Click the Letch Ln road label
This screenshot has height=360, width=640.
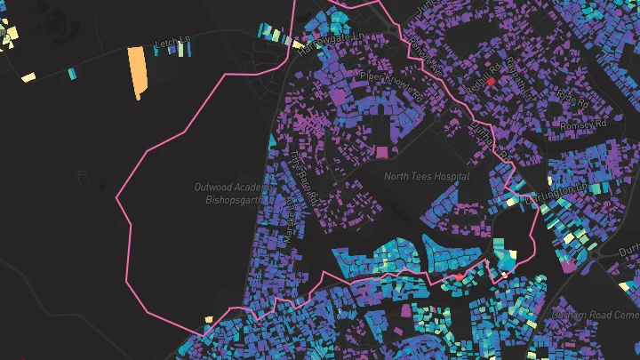pos(173,43)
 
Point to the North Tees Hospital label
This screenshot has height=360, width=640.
pos(427,176)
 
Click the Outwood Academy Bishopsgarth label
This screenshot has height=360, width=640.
pos(229,192)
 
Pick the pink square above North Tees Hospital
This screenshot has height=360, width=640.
pos(382,152)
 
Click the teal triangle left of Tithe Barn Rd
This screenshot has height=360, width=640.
pos(272,140)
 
